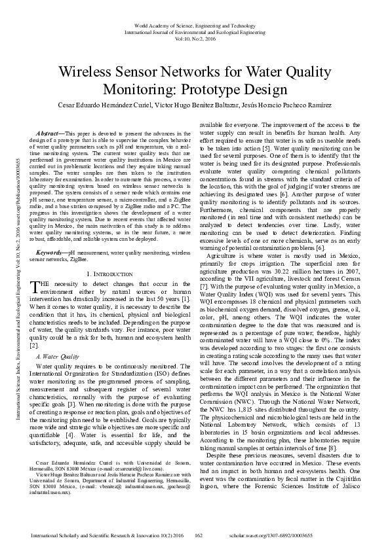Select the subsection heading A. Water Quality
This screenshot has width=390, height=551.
click(x=60, y=357)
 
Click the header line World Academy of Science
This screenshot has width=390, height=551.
click(x=195, y=24)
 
